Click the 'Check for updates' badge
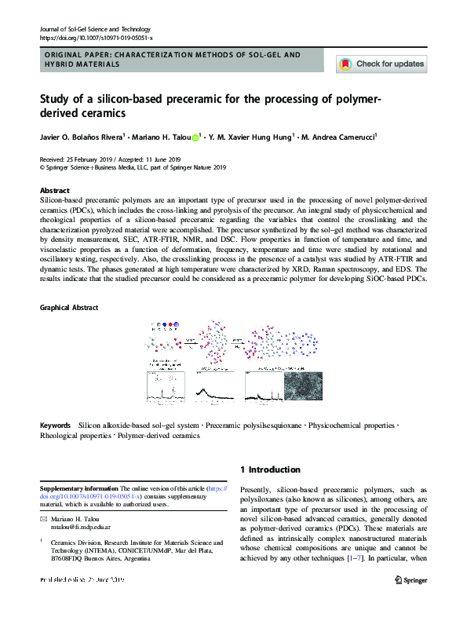pos(381,64)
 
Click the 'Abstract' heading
pos(55,191)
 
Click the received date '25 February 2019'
pos(99,159)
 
